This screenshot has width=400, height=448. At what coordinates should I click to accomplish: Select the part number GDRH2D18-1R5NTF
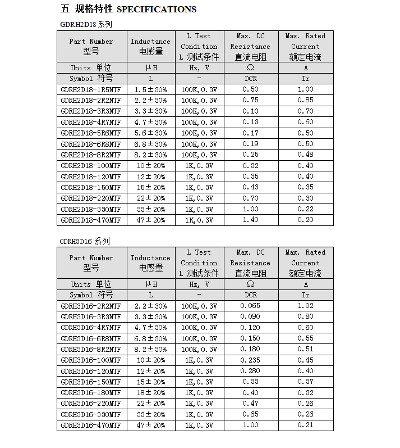pyautogui.click(x=91, y=89)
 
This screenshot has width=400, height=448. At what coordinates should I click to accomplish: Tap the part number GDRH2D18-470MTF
pyautogui.click(x=91, y=220)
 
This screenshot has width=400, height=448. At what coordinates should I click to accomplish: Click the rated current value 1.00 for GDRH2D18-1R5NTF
pyautogui.click(x=306, y=89)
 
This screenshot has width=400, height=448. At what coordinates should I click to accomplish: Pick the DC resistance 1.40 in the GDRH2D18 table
pyautogui.click(x=250, y=220)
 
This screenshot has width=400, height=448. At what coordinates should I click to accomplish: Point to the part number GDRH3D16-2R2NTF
pyautogui.click(x=91, y=306)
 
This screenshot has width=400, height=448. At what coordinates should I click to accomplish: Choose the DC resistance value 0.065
pyautogui.click(x=250, y=306)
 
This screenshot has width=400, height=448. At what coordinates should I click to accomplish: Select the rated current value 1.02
pyautogui.click(x=306, y=306)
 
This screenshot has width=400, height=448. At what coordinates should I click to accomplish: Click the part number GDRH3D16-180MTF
pyautogui.click(x=91, y=393)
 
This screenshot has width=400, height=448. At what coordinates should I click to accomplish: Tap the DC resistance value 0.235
pyautogui.click(x=250, y=360)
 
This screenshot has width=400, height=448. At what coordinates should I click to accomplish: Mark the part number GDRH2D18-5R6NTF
pyautogui.click(x=91, y=133)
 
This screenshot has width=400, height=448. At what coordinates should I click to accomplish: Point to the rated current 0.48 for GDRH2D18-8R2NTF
pyautogui.click(x=306, y=155)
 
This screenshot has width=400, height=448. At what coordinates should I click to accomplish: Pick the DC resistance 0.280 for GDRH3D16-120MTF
pyautogui.click(x=250, y=371)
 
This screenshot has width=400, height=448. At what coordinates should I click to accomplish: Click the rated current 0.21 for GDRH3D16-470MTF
pyautogui.click(x=306, y=426)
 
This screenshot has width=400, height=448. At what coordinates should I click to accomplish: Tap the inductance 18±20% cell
pyautogui.click(x=150, y=393)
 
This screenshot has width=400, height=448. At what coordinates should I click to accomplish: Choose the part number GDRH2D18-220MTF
pyautogui.click(x=91, y=198)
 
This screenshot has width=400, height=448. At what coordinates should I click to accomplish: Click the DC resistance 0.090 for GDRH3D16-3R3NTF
pyautogui.click(x=250, y=316)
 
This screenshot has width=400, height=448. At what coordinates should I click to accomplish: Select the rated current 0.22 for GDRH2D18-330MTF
pyautogui.click(x=306, y=210)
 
